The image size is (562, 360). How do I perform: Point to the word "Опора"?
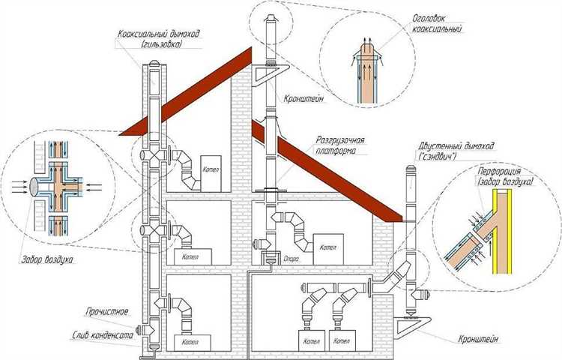point(292,257)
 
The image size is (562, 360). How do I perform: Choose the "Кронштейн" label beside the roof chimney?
point(303,97)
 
